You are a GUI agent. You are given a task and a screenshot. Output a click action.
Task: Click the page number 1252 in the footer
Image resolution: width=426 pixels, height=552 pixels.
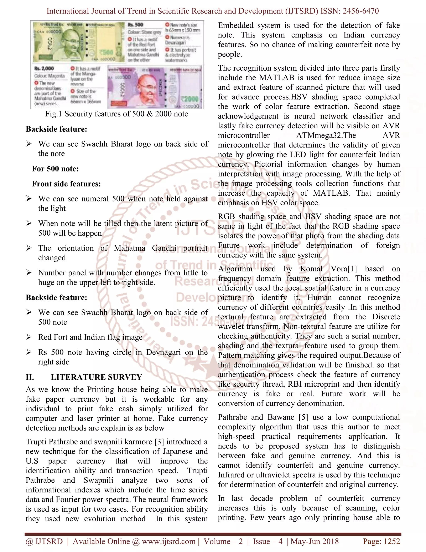coord(391,541)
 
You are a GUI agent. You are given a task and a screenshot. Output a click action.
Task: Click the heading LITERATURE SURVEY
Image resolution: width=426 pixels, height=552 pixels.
coord(96,377)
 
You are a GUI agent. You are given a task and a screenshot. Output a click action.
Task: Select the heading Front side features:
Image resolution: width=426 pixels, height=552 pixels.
coord(66,184)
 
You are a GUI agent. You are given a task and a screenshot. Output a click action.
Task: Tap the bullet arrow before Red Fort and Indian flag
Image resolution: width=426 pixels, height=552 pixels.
coord(29,337)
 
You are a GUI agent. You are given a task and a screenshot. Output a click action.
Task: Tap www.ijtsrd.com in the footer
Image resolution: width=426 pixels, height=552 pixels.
coord(168,541)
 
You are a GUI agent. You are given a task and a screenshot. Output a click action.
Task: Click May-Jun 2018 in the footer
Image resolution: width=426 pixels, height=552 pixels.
coord(315,541)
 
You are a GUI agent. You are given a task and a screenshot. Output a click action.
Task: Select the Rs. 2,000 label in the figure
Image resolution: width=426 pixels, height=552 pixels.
coord(44,69)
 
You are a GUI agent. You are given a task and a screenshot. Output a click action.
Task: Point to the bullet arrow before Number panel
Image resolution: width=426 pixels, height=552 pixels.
coord(29,273)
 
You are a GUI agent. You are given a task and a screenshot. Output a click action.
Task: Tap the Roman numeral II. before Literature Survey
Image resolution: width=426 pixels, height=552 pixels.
coord(30,377)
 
